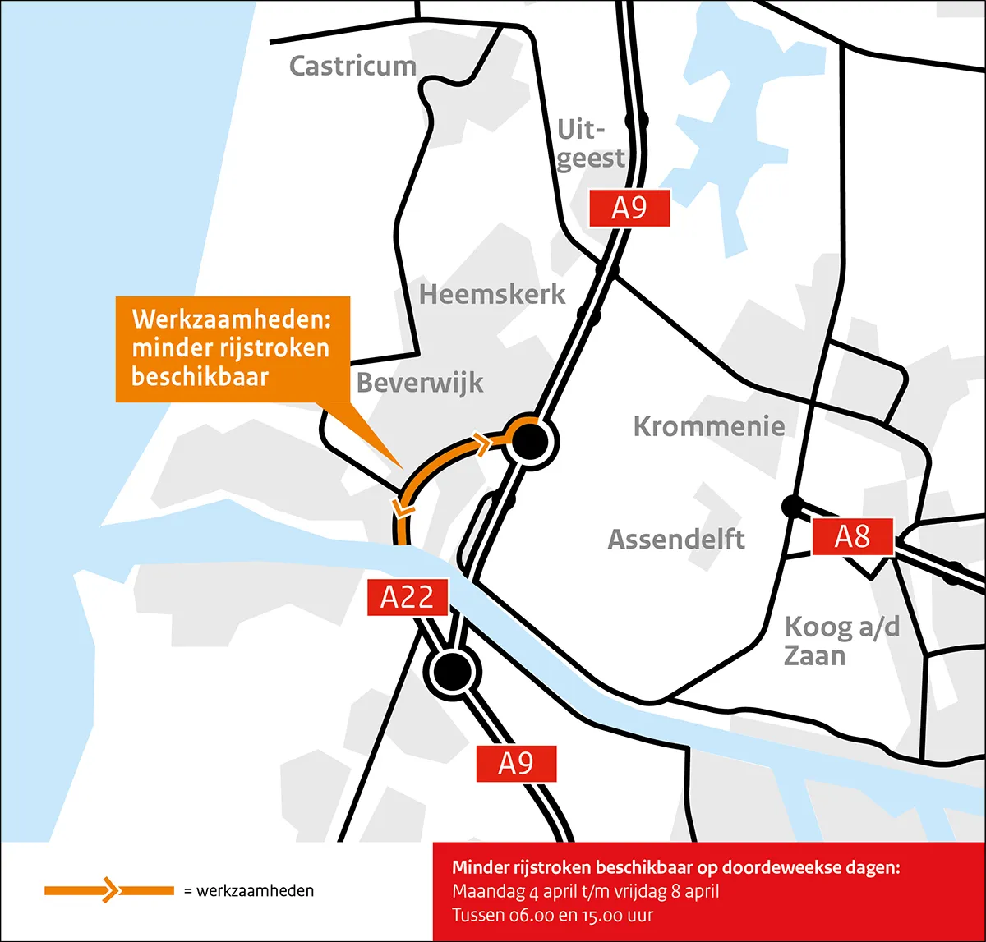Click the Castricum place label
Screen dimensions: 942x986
click(353, 66)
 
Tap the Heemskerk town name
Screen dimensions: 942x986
click(492, 294)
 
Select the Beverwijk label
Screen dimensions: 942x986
click(420, 383)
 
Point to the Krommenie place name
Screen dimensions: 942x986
click(708, 426)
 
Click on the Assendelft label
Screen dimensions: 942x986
click(676, 540)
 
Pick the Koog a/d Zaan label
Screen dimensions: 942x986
click(841, 641)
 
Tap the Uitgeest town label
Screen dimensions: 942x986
click(590, 144)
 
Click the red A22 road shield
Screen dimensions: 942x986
click(407, 597)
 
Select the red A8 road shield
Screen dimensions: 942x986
click(852, 537)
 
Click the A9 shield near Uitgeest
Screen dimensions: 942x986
click(629, 208)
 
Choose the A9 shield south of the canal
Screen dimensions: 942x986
click(516, 765)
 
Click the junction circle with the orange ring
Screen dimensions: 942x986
click(528, 441)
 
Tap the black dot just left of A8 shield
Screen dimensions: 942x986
click(792, 507)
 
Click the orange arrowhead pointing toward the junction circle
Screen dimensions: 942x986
click(481, 443)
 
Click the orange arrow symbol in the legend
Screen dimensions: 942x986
click(109, 890)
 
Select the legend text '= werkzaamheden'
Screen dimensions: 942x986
click(248, 891)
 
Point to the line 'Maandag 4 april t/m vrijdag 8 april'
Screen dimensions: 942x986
click(585, 891)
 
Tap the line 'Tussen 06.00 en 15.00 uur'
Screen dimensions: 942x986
click(552, 915)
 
